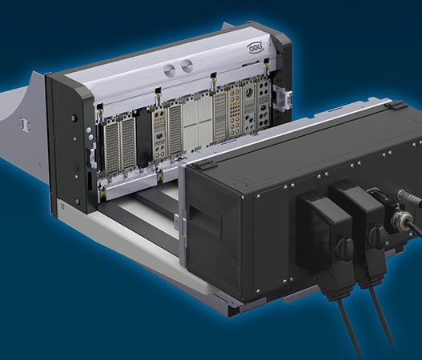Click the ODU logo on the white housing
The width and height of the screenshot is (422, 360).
[255, 48]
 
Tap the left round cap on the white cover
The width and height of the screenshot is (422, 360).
[171, 70]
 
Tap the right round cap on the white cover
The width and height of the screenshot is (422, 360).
[187, 66]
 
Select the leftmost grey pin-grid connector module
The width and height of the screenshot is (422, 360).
[111, 149]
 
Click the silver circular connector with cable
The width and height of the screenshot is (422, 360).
[400, 218]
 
